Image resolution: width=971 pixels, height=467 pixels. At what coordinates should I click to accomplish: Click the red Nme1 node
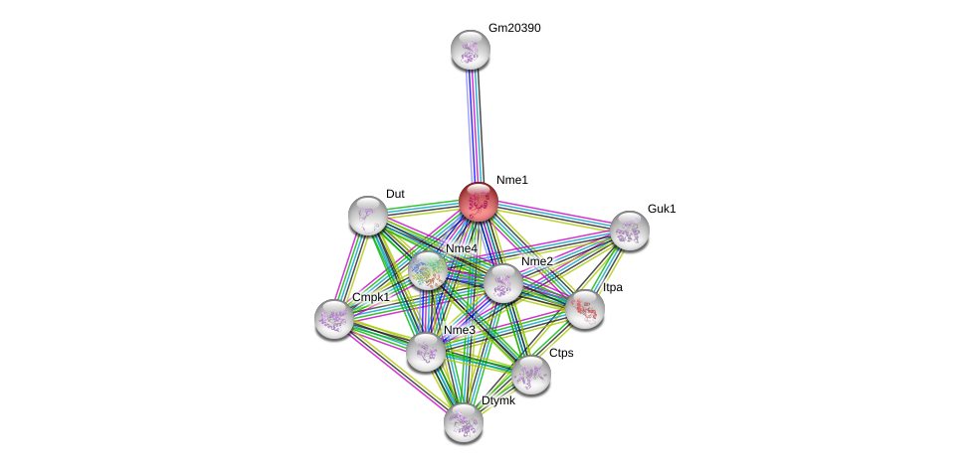tap(479, 202)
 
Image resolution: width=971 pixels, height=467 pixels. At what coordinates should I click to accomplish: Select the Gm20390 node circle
tap(471, 50)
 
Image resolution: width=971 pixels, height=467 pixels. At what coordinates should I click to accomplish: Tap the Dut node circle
tap(368, 216)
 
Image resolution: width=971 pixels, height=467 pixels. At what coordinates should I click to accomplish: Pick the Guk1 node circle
tap(630, 231)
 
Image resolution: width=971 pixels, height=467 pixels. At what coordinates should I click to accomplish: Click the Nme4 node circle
tap(428, 270)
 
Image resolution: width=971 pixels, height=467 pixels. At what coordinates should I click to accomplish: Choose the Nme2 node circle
tap(503, 283)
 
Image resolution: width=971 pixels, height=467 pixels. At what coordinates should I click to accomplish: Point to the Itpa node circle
tap(585, 309)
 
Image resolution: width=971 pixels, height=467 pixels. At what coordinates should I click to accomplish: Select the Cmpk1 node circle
tap(334, 319)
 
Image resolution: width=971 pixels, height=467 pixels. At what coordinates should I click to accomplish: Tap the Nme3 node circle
tap(426, 352)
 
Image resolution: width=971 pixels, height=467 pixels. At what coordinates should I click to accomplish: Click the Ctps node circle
tap(531, 375)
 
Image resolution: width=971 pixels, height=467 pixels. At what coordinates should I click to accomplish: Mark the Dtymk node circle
tap(464, 422)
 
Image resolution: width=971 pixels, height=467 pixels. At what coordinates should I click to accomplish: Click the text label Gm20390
tap(514, 28)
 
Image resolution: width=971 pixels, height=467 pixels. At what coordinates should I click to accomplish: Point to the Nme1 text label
tap(512, 180)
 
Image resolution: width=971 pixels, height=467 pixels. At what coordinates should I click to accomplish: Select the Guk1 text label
tap(662, 209)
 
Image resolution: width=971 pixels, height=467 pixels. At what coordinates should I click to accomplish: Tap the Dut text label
tap(395, 194)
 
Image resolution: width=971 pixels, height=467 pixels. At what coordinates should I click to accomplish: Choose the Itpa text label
tap(613, 287)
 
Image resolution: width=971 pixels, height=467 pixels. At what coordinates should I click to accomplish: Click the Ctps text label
tap(561, 353)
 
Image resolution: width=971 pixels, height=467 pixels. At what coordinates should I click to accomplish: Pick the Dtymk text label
tap(498, 400)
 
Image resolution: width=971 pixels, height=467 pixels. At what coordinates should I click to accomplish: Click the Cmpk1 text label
tap(371, 297)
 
